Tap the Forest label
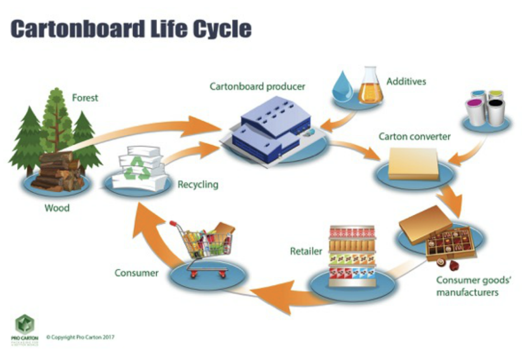(85, 98)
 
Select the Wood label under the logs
(57, 207)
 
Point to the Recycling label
(197, 185)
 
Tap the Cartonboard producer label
(257, 86)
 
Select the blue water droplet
(341, 88)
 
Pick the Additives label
(406, 81)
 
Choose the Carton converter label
(415, 136)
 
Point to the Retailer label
(306, 252)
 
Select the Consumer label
(136, 273)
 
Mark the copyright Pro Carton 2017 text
(80, 337)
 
